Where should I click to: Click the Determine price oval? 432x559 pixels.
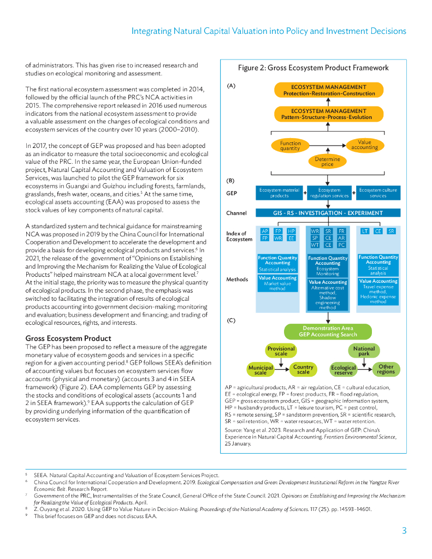327,162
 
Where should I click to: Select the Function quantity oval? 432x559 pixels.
290,146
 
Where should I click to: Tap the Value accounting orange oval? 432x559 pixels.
364,145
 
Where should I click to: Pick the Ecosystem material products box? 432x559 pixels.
279,193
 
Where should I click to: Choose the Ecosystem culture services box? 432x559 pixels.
378,193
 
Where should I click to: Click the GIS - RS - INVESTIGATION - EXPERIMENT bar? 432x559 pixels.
328,213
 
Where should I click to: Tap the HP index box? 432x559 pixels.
291,231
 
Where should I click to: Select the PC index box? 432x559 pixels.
341,245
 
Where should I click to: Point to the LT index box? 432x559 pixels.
365,231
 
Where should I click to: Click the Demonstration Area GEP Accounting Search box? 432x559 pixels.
328,331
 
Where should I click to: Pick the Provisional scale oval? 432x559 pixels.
281,351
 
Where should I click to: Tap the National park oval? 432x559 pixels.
364,351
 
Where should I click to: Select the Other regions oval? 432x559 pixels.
386,370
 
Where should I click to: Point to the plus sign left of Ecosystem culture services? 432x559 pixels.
353,192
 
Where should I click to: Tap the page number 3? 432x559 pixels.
404,531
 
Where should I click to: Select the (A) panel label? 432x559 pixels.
230,86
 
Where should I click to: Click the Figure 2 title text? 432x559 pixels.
313,68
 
